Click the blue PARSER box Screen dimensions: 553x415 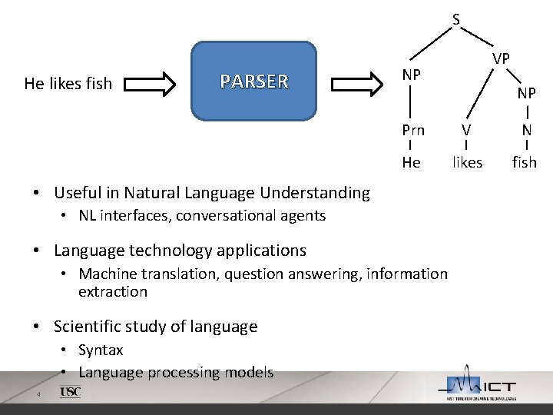(253, 81)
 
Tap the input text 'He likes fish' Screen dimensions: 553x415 (68, 83)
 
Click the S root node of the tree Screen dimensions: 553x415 (456, 19)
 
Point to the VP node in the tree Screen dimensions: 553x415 (502, 58)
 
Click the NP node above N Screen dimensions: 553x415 (526, 93)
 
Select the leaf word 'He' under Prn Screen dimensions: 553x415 (412, 162)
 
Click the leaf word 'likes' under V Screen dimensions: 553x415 (467, 162)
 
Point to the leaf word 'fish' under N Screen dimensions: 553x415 (525, 162)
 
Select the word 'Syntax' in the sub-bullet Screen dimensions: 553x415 (101, 350)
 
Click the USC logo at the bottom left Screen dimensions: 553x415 (70, 392)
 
